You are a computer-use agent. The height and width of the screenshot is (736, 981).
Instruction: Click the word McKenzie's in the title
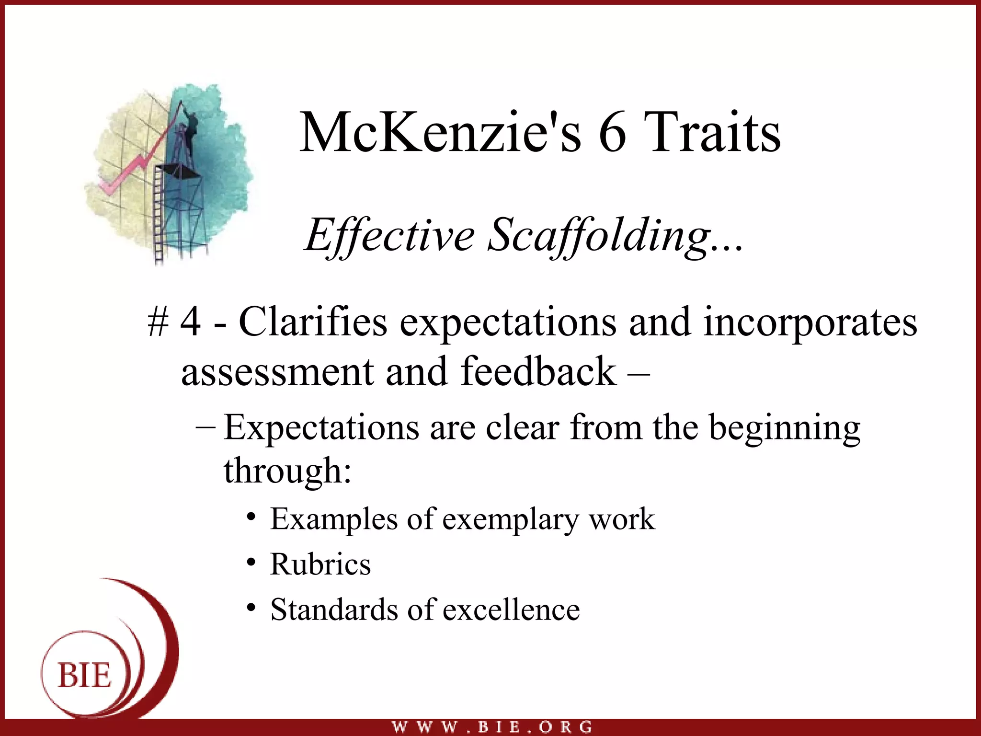(440, 132)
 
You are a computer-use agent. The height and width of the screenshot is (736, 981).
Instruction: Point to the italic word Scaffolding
(599, 235)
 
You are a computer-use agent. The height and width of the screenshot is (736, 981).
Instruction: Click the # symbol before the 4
(158, 322)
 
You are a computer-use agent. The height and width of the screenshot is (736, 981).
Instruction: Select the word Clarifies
(313, 322)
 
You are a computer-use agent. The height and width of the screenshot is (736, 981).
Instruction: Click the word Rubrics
(320, 564)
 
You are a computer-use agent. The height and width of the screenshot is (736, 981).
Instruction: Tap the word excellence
(511, 610)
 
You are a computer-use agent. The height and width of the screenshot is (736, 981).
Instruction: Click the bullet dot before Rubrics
(251, 562)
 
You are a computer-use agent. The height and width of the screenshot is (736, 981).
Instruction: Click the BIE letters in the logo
(84, 676)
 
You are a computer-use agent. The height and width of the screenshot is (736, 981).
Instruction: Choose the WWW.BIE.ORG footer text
(492, 727)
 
